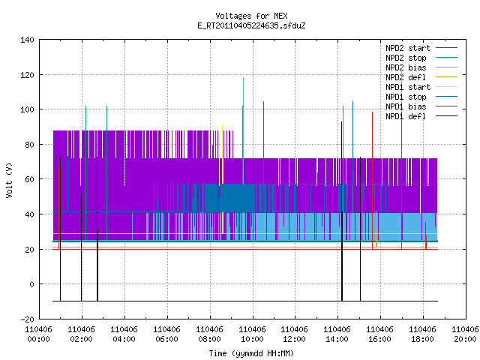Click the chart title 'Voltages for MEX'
(x=251, y=16)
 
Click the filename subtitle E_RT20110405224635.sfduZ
(x=251, y=25)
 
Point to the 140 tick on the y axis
(x=27, y=40)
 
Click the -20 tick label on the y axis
(x=27, y=319)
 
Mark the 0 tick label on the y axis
(x=31, y=284)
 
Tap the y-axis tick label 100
(x=27, y=109)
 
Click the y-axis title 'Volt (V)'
(x=9, y=180)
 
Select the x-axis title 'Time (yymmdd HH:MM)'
(x=251, y=353)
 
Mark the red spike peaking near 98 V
(x=372, y=181)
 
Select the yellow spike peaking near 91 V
(x=223, y=179)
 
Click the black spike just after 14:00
(x=342, y=211)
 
